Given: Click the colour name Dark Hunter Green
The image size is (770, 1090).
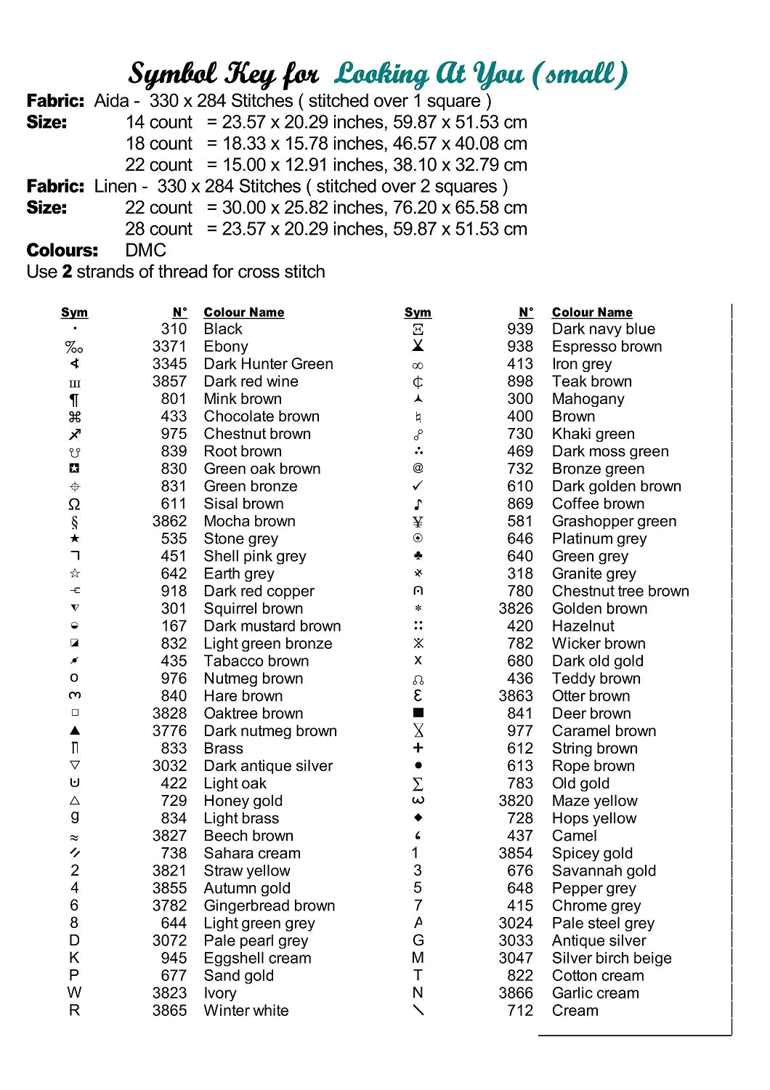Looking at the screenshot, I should pyautogui.click(x=268, y=364).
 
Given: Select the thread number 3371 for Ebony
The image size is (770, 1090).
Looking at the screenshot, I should pyautogui.click(x=169, y=347).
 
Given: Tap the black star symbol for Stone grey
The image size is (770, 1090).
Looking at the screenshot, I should pyautogui.click(x=74, y=538).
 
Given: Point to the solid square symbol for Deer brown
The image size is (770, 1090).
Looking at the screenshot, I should pyautogui.click(x=418, y=713).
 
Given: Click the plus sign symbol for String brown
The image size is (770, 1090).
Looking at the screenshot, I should pyautogui.click(x=418, y=748).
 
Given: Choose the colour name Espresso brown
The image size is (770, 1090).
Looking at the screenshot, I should pyautogui.click(x=607, y=347).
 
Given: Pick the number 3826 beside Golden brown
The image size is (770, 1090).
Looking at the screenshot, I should pyautogui.click(x=516, y=608).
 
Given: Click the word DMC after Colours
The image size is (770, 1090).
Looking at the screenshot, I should pyautogui.click(x=145, y=251).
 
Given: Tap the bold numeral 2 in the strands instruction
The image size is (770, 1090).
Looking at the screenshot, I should pyautogui.click(x=67, y=272).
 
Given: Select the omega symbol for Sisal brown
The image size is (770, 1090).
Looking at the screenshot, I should pyautogui.click(x=74, y=504).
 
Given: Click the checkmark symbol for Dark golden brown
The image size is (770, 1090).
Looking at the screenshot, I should pyautogui.click(x=418, y=485).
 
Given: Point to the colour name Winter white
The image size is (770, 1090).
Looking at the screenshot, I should pyautogui.click(x=246, y=1010).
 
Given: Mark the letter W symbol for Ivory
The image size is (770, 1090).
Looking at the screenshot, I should pyautogui.click(x=74, y=993).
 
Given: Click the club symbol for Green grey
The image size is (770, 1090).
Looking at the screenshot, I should pyautogui.click(x=418, y=556).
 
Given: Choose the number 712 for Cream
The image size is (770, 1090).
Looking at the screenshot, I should pyautogui.click(x=520, y=1010).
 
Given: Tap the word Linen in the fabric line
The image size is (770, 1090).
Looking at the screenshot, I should pyautogui.click(x=115, y=187).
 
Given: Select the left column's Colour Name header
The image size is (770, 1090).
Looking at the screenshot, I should pyautogui.click(x=243, y=312).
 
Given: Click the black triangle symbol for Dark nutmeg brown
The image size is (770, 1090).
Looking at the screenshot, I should pyautogui.click(x=74, y=730).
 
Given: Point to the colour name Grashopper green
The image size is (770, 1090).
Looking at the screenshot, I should pyautogui.click(x=614, y=521).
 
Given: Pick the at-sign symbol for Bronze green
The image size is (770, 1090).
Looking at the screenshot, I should pyautogui.click(x=418, y=468).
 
